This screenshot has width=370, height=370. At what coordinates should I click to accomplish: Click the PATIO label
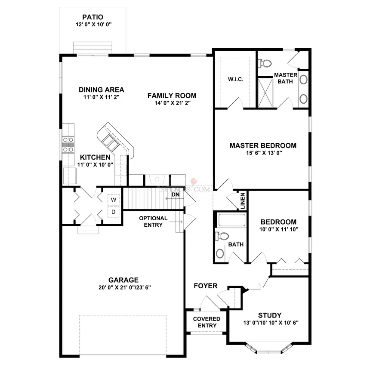(x=93, y=18)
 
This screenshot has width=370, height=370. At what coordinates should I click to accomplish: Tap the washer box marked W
(x=114, y=200)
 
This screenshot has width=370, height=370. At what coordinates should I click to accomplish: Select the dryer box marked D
(x=114, y=212)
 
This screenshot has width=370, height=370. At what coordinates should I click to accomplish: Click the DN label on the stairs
(x=175, y=194)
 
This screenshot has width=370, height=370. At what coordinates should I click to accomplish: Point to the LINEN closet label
(x=243, y=201)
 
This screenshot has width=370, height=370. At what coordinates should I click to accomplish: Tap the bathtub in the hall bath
(x=231, y=220)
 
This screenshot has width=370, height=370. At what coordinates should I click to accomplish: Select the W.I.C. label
(x=234, y=79)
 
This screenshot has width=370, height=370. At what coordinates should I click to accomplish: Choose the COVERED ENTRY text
(x=207, y=322)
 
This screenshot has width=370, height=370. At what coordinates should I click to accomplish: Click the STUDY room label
(x=270, y=315)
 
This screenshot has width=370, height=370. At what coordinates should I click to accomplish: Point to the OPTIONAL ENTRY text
(x=151, y=221)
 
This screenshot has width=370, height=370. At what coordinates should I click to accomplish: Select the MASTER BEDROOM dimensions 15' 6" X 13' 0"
(x=263, y=153)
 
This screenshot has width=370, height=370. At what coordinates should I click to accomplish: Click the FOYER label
(x=205, y=286)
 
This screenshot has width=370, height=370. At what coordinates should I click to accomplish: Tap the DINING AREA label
(x=102, y=90)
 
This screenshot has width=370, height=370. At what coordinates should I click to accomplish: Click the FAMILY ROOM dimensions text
(x=172, y=103)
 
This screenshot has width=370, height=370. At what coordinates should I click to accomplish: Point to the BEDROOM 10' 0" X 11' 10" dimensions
(x=278, y=229)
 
